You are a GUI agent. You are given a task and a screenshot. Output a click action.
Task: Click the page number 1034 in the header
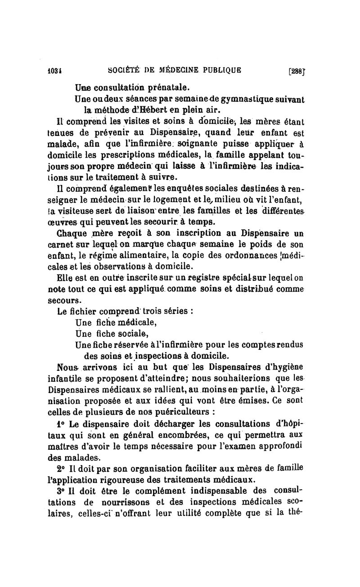coord(55,70)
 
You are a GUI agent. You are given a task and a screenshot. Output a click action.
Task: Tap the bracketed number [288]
coord(300,71)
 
